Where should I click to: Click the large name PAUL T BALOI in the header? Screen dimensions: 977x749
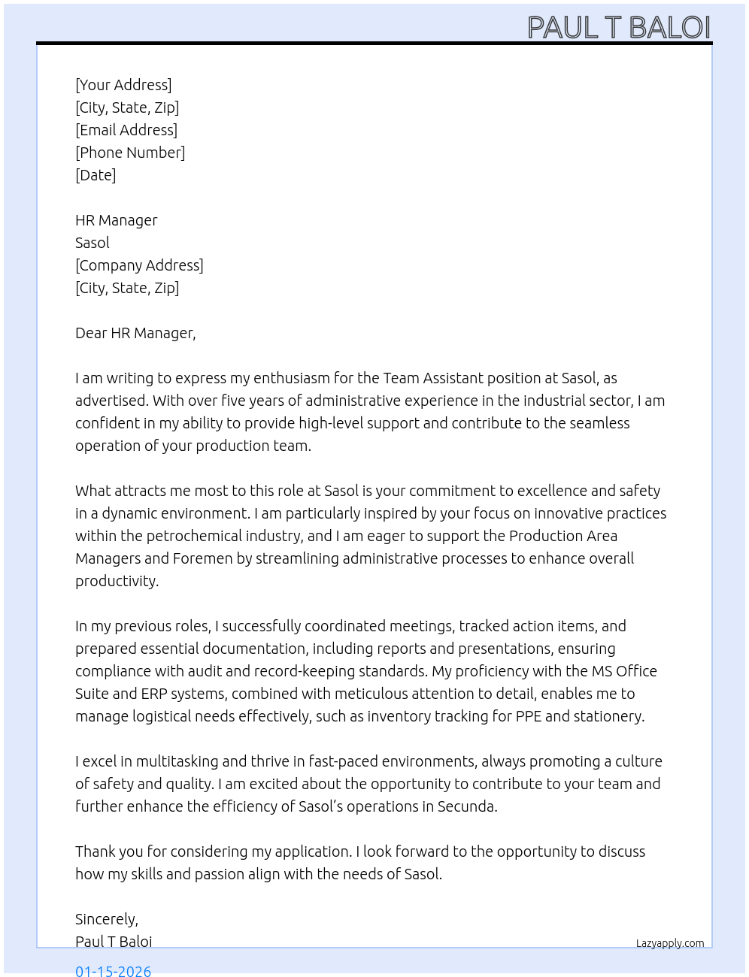618,28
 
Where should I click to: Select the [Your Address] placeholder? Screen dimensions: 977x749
123,85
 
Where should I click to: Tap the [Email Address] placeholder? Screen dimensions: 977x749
126,130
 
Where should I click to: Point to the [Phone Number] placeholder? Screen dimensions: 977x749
130,153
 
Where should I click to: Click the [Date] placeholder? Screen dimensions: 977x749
96,175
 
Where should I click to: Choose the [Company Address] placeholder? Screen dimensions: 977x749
139,265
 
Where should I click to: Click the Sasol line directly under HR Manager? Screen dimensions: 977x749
92,243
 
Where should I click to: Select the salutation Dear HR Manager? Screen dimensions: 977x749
135,333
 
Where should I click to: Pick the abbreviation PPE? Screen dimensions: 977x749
528,716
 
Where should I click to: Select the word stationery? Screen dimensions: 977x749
608,716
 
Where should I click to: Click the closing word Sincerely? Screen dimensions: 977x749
107,919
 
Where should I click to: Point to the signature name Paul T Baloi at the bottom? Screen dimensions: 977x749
114,942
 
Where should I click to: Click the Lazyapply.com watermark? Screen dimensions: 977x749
670,943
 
